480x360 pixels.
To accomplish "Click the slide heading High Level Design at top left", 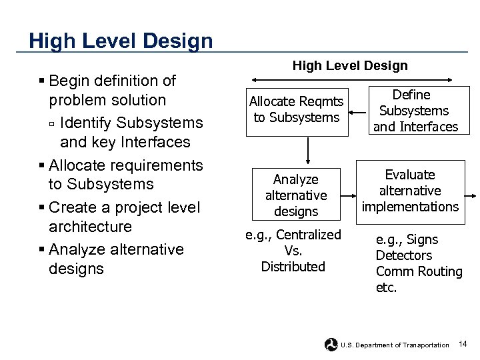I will pyautogui.click(x=121, y=41).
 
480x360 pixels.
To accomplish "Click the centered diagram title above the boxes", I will pyautogui.click(x=350, y=65).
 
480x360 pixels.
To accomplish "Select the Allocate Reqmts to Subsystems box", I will pyautogui.click(x=297, y=110).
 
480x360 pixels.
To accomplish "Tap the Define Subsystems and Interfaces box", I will pyautogui.click(x=415, y=111).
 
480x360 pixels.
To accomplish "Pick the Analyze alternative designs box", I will pyautogui.click(x=296, y=195).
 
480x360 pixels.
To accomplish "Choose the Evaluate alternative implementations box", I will pyautogui.click(x=410, y=191).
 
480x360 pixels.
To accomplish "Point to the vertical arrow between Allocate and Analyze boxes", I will pyautogui.click(x=307, y=150).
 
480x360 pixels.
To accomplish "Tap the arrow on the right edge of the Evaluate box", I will pyautogui.click(x=471, y=195).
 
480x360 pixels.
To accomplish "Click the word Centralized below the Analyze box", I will pyautogui.click(x=307, y=235).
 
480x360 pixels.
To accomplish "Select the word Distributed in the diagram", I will pyautogui.click(x=293, y=267).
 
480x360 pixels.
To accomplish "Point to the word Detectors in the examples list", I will pyautogui.click(x=403, y=255).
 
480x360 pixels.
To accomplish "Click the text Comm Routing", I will pyautogui.click(x=419, y=271).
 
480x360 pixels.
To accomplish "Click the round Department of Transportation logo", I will pyautogui.click(x=331, y=345).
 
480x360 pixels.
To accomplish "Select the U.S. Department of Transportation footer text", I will pyautogui.click(x=395, y=345).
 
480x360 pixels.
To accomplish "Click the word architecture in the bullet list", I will pyautogui.click(x=90, y=227).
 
